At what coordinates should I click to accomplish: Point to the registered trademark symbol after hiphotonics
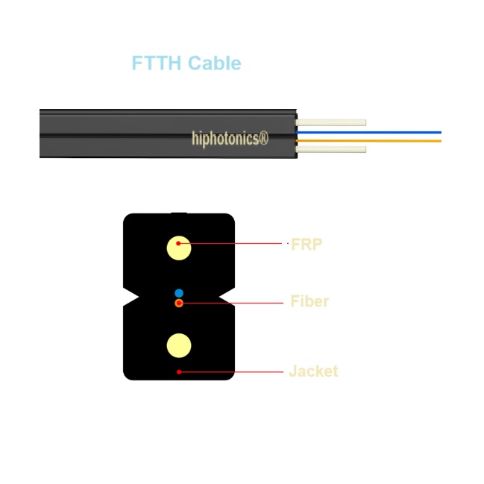(x=263, y=138)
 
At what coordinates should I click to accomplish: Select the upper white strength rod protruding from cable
(x=331, y=122)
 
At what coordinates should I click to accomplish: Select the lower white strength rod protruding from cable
(x=331, y=149)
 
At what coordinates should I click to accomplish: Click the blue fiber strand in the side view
(x=373, y=133)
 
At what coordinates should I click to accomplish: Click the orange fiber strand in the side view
(x=373, y=140)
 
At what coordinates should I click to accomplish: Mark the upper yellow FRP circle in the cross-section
(x=179, y=248)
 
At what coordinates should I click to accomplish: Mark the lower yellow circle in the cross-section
(x=179, y=345)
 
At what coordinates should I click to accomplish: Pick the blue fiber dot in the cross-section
(x=179, y=292)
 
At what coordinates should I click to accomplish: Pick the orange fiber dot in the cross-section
(x=179, y=303)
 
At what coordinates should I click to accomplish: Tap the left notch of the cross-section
(x=131, y=298)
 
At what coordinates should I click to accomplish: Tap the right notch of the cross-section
(x=227, y=298)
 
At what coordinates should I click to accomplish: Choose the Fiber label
(x=309, y=302)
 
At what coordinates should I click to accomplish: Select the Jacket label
(x=313, y=371)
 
